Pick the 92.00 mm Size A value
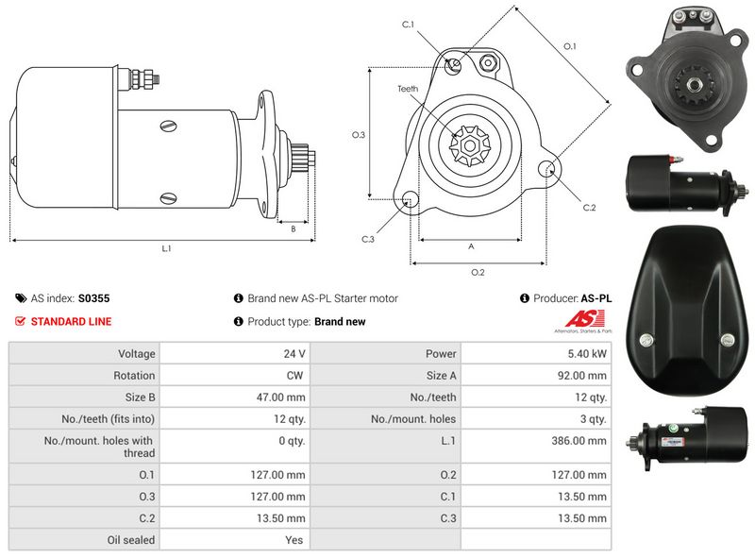[x=583, y=376]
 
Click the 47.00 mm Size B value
[x=282, y=397]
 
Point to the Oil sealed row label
[x=131, y=540]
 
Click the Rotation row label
[x=134, y=376]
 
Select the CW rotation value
[x=294, y=376]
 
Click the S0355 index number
[x=93, y=298]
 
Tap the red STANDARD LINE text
[x=71, y=322]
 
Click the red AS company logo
[x=574, y=318]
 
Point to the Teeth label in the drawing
[x=407, y=89]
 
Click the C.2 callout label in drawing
[x=589, y=208]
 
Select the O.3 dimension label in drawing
[x=359, y=135]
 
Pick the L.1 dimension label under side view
[x=166, y=248]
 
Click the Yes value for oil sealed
[x=295, y=540]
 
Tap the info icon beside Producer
[x=524, y=298]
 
